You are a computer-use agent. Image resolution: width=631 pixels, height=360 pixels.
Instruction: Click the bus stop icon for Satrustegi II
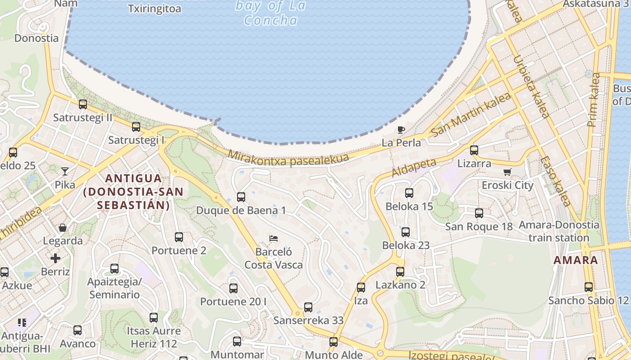(83, 104)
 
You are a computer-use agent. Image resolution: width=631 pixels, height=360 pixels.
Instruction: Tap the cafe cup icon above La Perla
(401, 130)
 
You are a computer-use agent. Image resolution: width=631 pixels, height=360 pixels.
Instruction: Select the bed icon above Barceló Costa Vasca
(273, 238)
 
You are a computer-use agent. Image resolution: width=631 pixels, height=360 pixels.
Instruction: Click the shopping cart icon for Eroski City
(508, 172)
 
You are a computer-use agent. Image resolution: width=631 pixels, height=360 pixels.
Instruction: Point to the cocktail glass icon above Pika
(65, 171)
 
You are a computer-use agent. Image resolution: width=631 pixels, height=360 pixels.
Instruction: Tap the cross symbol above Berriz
(55, 258)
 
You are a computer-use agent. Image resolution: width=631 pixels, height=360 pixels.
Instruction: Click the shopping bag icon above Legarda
(63, 228)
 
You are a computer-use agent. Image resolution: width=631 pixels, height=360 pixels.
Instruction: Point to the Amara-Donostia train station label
(559, 231)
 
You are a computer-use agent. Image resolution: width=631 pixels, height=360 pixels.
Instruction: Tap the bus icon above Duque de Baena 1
(241, 197)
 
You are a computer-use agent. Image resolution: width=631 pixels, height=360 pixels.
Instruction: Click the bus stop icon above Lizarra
(474, 150)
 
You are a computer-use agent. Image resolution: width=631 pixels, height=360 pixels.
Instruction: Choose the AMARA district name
(576, 260)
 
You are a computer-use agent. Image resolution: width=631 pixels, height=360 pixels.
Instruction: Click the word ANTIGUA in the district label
(133, 178)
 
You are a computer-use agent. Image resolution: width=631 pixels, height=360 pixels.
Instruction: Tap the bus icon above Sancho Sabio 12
(589, 287)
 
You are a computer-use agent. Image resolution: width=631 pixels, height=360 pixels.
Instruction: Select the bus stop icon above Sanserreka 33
(308, 307)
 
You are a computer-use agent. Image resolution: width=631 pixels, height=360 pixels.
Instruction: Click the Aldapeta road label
(414, 167)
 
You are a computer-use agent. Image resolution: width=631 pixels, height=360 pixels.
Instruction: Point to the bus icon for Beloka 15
(409, 193)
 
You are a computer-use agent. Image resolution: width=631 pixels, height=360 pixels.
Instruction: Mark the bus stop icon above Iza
(361, 287)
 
